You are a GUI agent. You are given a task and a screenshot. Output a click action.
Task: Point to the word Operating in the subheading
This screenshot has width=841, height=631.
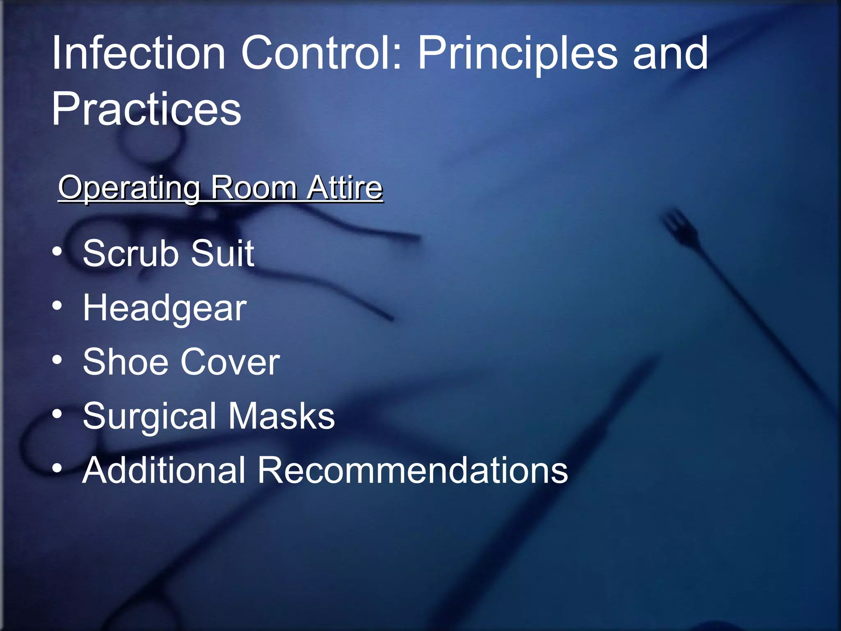(x=129, y=189)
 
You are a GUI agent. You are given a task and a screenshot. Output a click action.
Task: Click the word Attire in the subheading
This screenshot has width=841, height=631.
(x=345, y=188)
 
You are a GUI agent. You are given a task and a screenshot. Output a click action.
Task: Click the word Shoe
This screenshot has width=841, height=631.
(x=126, y=362)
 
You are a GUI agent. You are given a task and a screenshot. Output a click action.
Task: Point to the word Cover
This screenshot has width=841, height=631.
(x=230, y=362)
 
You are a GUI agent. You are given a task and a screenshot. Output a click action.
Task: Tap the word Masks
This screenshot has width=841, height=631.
(x=282, y=416)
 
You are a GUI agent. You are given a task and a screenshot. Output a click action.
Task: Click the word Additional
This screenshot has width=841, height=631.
(x=164, y=470)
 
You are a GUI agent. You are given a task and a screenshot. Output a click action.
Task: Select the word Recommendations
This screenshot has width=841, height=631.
(x=413, y=470)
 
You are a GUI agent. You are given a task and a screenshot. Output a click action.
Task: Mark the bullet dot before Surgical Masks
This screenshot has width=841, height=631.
(x=57, y=414)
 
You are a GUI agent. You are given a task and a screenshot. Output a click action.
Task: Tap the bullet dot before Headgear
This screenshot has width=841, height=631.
(x=57, y=306)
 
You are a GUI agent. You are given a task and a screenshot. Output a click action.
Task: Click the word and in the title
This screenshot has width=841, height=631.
(x=670, y=53)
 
